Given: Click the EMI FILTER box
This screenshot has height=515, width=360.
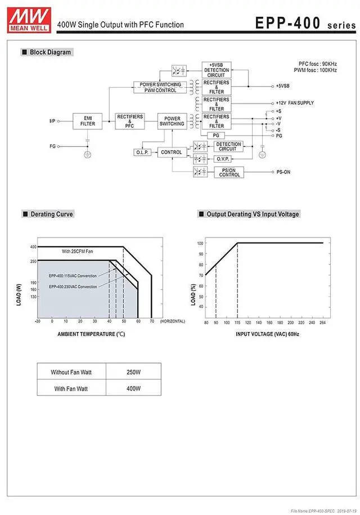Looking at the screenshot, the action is point(87,120).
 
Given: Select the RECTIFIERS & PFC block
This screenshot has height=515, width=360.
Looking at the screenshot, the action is point(130,120).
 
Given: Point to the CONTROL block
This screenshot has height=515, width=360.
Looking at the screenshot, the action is point(171,153).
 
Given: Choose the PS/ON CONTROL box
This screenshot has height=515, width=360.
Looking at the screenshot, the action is point(229,172).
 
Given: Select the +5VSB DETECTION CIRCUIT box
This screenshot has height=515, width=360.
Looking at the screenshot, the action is point(216,70).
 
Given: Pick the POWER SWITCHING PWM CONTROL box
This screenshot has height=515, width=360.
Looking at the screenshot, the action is point(160,87).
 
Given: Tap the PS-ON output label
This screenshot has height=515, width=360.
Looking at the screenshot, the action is point(283,172).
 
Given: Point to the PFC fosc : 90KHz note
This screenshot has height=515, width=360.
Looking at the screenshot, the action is point(318,64).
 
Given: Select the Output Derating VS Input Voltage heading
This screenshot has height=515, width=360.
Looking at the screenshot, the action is point(253,214).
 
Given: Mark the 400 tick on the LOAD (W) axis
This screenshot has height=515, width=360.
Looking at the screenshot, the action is point(33,247).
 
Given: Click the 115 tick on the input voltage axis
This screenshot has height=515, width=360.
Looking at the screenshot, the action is point(237,323).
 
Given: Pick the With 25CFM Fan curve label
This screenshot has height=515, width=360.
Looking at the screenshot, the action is point(78,252).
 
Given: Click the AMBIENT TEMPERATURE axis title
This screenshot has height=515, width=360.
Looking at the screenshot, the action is point(91,334).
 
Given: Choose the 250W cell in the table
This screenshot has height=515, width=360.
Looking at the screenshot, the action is point(134,372).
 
